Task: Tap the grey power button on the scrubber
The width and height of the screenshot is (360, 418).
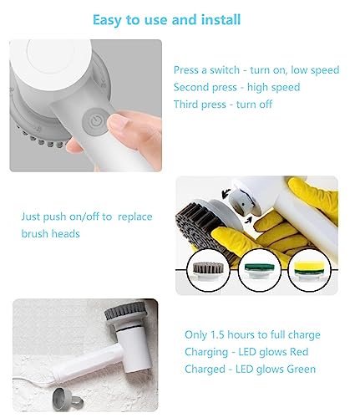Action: (x=99, y=122)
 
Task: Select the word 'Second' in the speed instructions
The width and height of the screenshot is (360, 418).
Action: (x=194, y=87)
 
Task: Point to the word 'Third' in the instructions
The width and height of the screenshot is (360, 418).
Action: (x=188, y=104)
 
